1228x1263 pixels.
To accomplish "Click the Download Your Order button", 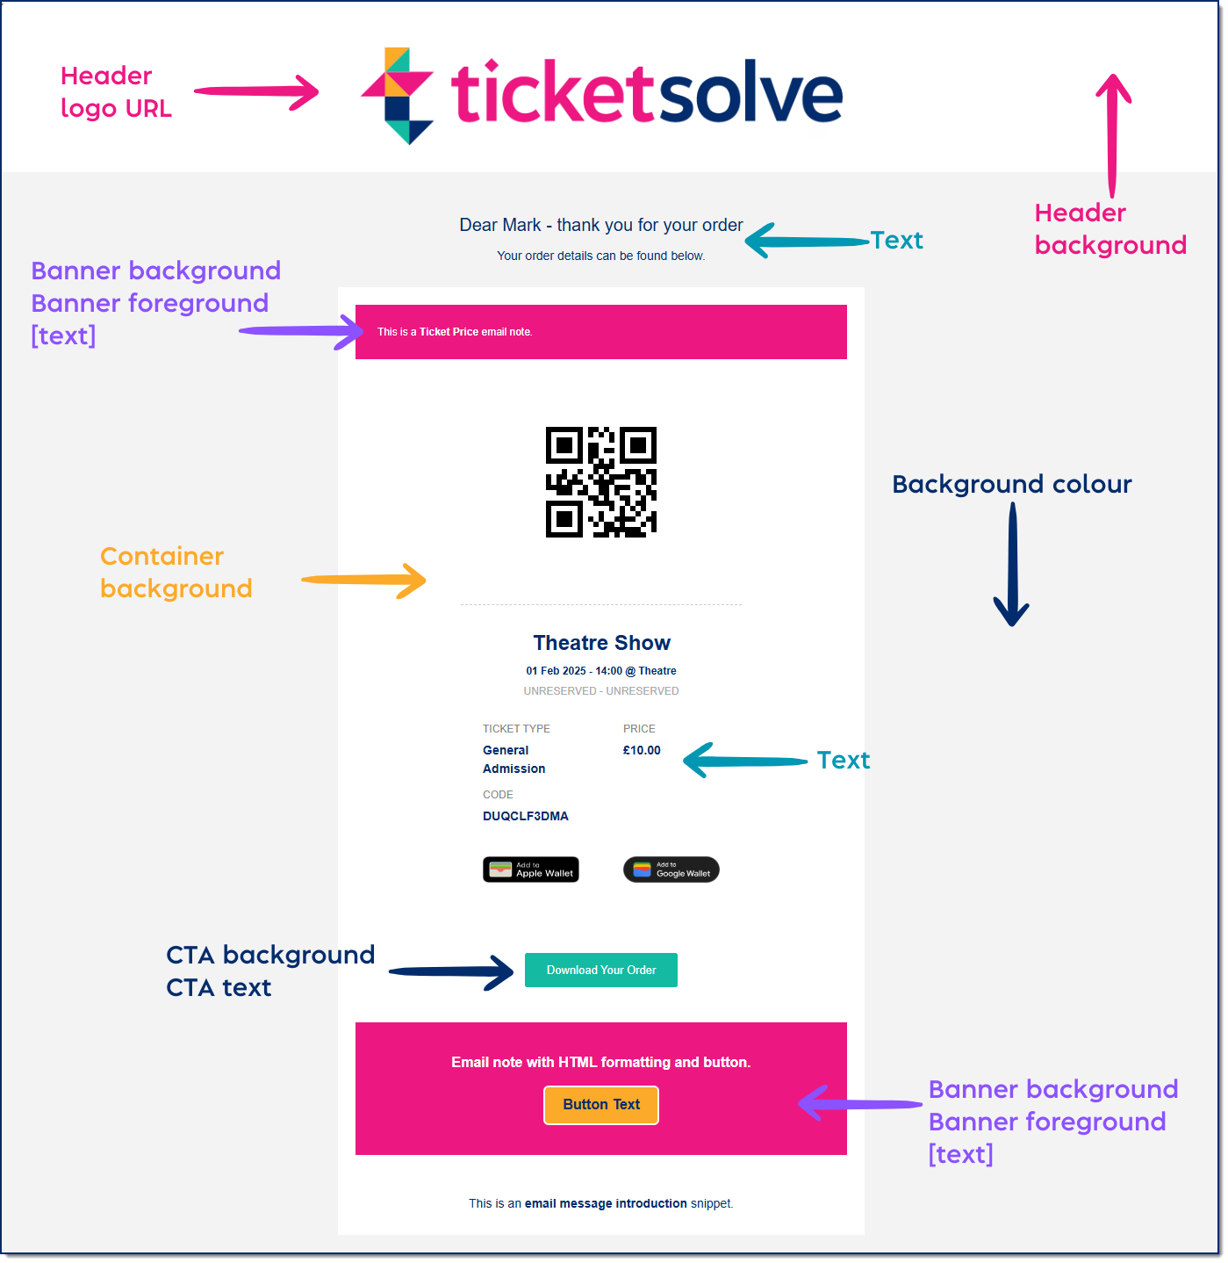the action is [600, 970].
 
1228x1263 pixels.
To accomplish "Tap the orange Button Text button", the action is [600, 1105].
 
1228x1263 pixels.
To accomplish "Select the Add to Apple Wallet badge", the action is [531, 869].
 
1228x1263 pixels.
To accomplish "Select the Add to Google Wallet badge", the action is [671, 869].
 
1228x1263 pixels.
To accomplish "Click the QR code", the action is [600, 481].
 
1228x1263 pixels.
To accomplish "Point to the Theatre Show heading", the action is [601, 643].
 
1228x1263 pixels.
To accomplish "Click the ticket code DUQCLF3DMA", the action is [525, 816].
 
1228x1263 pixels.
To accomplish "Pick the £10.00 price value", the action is [641, 749].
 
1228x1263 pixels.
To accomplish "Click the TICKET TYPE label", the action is [516, 728].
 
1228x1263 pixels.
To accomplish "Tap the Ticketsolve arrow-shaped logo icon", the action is [397, 96].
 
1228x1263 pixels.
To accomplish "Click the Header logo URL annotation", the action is [116, 92].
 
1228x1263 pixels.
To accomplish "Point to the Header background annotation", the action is [1110, 228].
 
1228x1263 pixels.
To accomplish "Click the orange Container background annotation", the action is [176, 572].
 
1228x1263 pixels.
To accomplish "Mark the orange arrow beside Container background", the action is [363, 581].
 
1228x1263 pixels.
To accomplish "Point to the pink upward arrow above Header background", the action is [1113, 135].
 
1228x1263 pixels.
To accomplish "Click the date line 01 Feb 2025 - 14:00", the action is [600, 670].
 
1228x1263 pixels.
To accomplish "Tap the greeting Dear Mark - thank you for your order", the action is [600, 225].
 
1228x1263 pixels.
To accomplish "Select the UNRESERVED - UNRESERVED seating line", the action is [600, 690].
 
